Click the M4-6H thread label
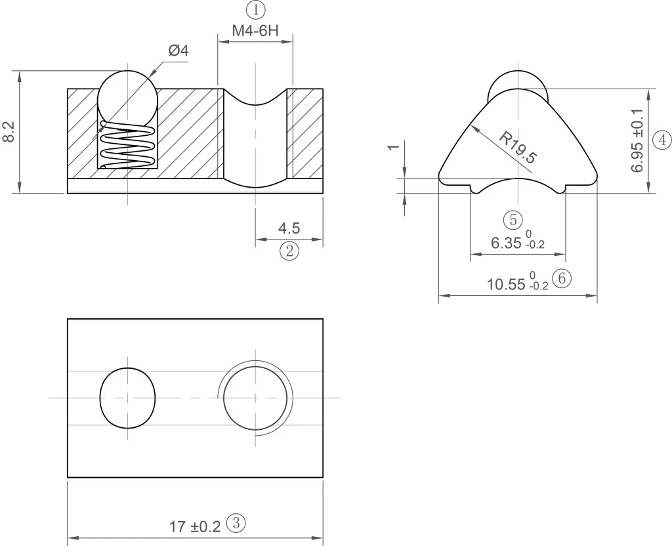255,31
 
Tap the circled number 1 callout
256,9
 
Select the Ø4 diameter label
178,51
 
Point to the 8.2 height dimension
9,132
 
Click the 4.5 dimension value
289,228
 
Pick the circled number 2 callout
289,250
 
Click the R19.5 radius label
518,148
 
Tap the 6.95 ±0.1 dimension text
637,140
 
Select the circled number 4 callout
662,140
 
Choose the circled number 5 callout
513,219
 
